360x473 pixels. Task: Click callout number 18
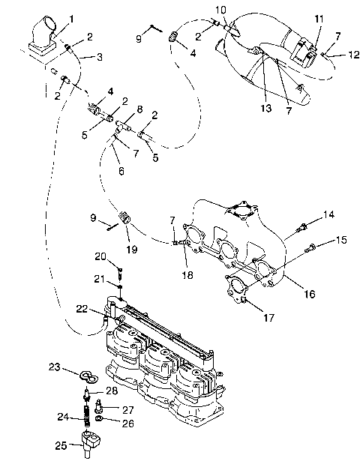[x=187, y=275]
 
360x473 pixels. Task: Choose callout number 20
[x=100, y=256]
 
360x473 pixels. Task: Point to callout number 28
[x=111, y=391]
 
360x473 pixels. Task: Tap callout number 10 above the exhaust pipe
[x=220, y=9]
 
